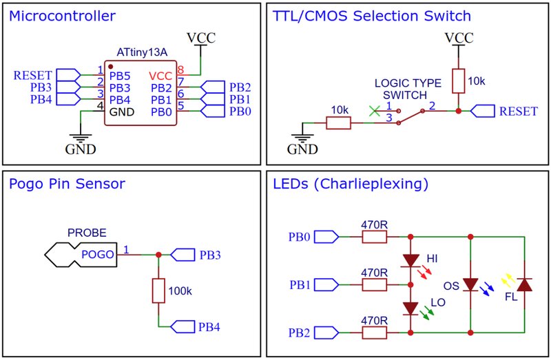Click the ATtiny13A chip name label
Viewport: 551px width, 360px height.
coord(142,52)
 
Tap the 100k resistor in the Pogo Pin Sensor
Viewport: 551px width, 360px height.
coord(158,290)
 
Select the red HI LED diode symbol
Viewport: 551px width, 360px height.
coord(410,261)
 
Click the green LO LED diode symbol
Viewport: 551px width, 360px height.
coord(410,308)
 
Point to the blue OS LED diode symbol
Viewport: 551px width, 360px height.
coord(470,284)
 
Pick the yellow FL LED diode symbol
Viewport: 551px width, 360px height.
coord(524,284)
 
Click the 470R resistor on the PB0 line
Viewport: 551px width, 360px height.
coord(374,237)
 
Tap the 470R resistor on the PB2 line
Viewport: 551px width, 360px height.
coord(374,332)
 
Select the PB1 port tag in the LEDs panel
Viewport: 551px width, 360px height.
coord(326,285)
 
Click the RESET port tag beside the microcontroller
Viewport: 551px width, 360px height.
coord(68,75)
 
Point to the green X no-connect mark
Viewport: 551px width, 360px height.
coord(375,111)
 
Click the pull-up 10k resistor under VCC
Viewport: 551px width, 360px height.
coord(458,81)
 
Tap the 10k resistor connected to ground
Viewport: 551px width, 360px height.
coord(338,123)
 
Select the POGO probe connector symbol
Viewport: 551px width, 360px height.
coord(81,255)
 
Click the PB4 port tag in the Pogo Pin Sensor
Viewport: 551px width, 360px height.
coord(183,327)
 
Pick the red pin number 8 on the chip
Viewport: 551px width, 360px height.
coord(180,70)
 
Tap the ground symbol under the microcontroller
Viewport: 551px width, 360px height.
coord(81,138)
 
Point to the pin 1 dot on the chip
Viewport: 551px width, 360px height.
coord(111,66)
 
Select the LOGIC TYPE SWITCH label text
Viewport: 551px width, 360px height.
coord(407,89)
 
